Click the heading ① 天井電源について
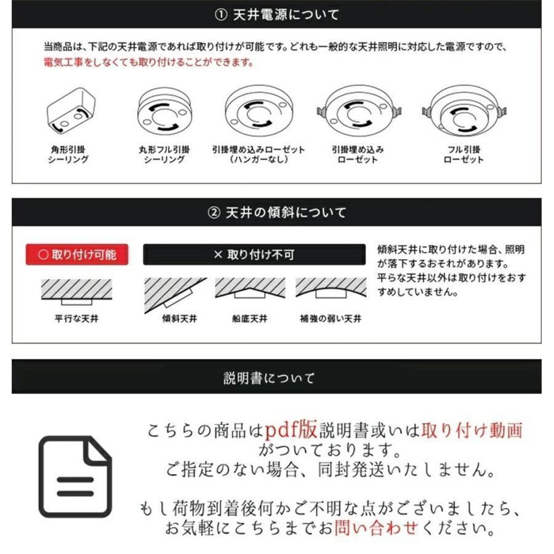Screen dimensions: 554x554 (276, 15)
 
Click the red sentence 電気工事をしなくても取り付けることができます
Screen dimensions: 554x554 (148, 63)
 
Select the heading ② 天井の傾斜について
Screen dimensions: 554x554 (276, 212)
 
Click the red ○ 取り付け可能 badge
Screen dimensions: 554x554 (77, 254)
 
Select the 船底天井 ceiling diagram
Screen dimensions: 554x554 (250, 289)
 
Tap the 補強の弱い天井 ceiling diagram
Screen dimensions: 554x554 (330, 288)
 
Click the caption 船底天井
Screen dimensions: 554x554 (250, 319)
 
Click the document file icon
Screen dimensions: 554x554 (76, 475)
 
